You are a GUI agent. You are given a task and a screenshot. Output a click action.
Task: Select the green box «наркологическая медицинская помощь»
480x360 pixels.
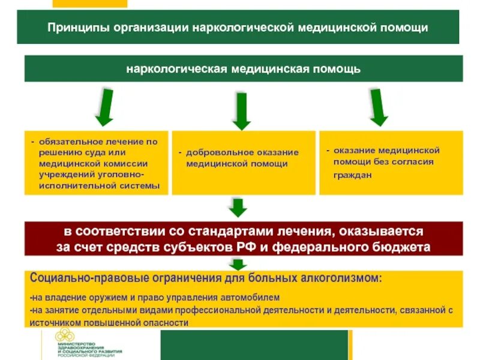[x=243, y=68]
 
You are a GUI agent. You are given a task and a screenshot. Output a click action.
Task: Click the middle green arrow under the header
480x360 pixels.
[x=241, y=110]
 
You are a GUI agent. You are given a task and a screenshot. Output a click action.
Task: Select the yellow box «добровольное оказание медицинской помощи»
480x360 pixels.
[x=243, y=163]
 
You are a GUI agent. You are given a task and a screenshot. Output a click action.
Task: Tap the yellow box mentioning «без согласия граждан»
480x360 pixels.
[x=391, y=163]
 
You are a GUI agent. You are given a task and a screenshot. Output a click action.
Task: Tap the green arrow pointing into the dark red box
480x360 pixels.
[x=239, y=208]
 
